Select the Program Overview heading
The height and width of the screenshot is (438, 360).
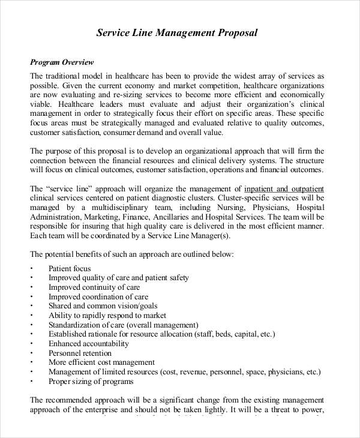62,62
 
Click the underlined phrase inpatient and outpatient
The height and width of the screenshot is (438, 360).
284,188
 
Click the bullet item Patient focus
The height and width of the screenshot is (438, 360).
70,268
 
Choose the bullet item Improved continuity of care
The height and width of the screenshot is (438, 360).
96,287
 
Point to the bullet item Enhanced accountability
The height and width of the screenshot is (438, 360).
89,344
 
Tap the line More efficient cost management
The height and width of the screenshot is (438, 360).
101,362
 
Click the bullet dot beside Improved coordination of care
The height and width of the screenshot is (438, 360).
31,297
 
